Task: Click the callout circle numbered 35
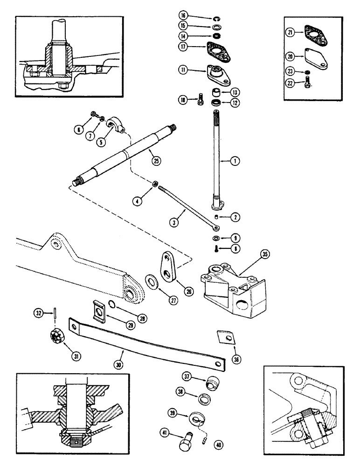(x=265, y=254)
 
